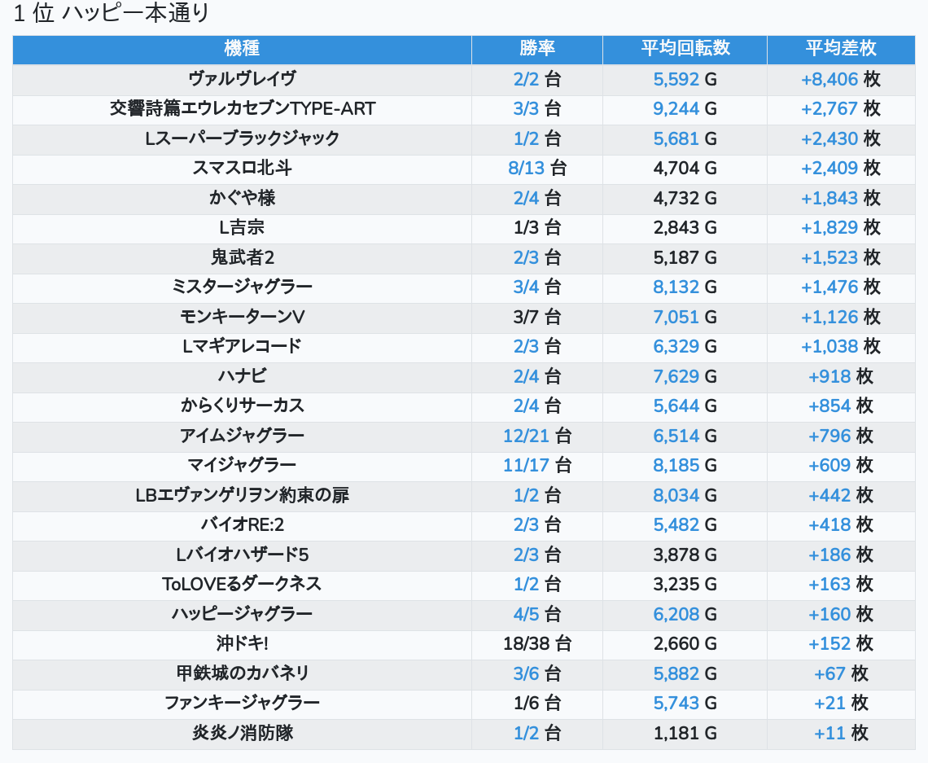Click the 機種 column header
coord(242,49)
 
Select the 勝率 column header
coord(537,49)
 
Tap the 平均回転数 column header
coord(685,49)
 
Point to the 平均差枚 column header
coord(841,49)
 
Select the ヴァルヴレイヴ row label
coord(242,79)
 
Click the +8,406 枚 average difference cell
coord(841,79)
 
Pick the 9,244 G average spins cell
coord(685,108)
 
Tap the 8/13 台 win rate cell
coord(537,168)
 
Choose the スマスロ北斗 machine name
coord(242,168)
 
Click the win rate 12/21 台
coord(537,436)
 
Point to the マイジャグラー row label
coord(242,465)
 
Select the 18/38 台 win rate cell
coord(537,643)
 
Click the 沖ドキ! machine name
coord(242,643)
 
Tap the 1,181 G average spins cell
coord(685,733)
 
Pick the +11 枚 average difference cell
coord(841,733)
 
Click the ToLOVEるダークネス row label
coord(242,584)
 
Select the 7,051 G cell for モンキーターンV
coord(685,317)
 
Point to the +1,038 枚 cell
coord(841,346)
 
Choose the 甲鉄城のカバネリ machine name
coord(242,673)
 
